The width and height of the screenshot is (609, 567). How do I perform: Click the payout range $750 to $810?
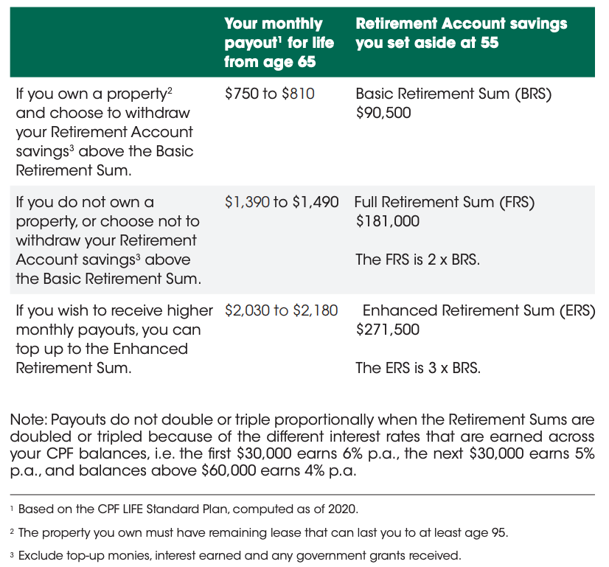point(269,94)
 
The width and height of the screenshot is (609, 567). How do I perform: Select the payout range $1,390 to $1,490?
point(282,202)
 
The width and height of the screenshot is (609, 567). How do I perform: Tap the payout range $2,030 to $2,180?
point(282,310)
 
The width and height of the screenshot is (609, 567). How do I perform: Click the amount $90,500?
point(383,114)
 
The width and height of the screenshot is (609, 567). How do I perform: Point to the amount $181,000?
point(387,221)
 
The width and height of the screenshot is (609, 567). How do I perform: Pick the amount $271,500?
point(387,330)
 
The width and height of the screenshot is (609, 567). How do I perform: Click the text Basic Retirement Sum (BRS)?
point(453,94)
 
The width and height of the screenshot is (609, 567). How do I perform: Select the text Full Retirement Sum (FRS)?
point(445,202)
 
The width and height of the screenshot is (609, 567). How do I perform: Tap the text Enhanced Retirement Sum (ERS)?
point(478,310)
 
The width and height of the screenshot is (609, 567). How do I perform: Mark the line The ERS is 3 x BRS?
point(417,367)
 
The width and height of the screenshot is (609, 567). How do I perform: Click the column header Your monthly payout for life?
point(279,43)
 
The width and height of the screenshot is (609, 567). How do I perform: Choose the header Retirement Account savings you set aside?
point(461,33)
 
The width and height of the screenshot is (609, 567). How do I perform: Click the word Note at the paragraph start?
point(26,420)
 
